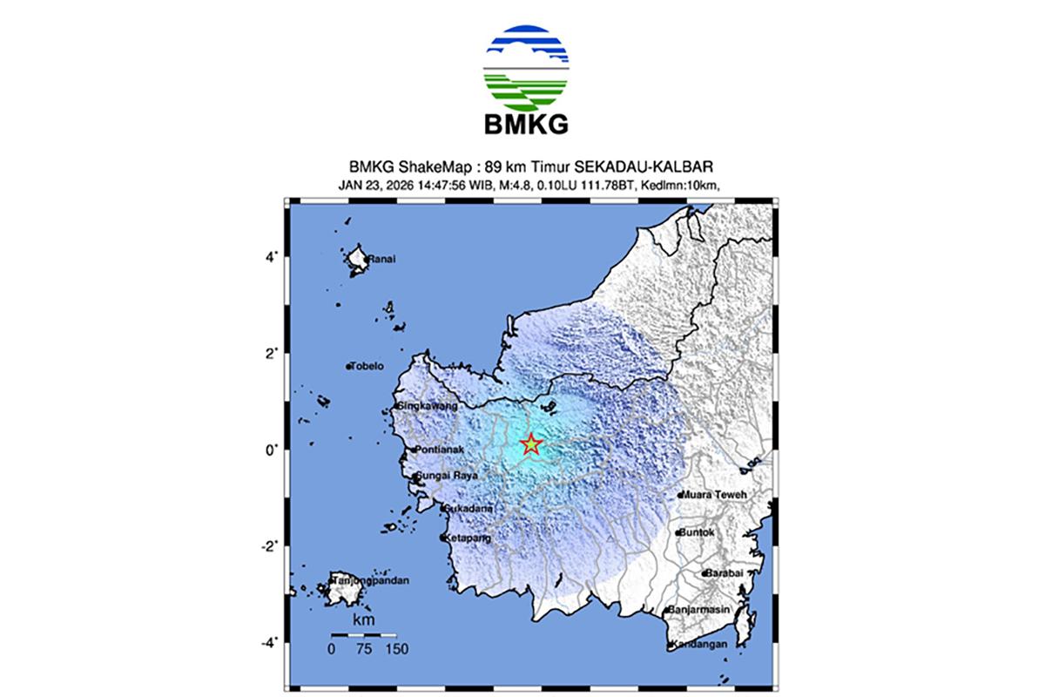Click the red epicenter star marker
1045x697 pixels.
point(530,444)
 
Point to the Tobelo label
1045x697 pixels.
point(366,367)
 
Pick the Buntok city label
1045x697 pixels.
point(698,532)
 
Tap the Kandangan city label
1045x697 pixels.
point(699,646)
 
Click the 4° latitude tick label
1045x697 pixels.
point(272,257)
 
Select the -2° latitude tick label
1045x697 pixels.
point(269,546)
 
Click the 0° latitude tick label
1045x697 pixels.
point(272,450)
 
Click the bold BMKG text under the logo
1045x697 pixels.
point(526,124)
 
